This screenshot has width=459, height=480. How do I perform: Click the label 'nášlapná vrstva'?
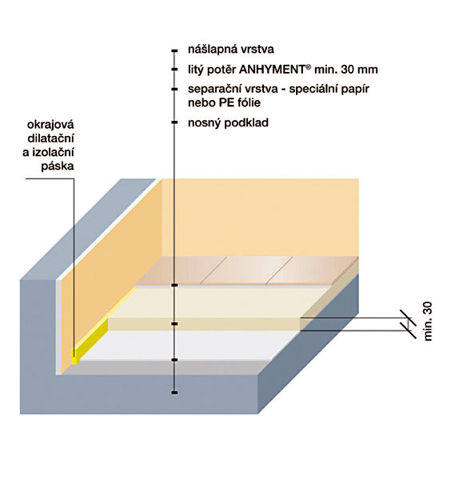(x=231, y=50)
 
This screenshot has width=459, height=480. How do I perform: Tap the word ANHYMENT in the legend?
(x=272, y=70)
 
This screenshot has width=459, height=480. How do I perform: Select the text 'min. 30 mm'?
(x=346, y=70)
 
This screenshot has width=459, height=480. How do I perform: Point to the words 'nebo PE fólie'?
(x=224, y=103)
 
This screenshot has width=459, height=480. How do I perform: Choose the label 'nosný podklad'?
(x=228, y=123)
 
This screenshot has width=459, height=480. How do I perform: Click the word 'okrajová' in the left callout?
(x=51, y=125)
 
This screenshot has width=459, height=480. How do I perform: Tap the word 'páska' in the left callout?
(x=58, y=166)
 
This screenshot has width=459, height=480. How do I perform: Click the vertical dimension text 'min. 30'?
(x=428, y=321)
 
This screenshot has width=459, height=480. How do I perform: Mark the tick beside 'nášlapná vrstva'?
(x=174, y=50)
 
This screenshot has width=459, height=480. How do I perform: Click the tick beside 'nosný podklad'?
(x=174, y=122)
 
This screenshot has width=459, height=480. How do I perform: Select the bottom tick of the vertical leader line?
(x=174, y=393)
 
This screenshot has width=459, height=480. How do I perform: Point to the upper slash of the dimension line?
(x=409, y=318)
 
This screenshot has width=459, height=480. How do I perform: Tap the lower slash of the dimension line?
(x=409, y=330)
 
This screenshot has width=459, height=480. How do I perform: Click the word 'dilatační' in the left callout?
(x=51, y=138)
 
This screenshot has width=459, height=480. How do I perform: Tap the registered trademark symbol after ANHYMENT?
(x=308, y=66)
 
